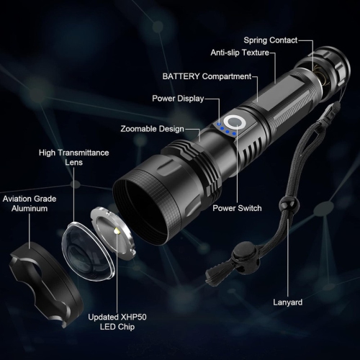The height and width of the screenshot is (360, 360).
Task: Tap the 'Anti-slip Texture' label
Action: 240,53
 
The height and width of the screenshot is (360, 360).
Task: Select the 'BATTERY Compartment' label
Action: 206,76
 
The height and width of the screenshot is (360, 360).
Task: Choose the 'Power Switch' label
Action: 237,208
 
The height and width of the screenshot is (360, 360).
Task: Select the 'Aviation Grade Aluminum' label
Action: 29,203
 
